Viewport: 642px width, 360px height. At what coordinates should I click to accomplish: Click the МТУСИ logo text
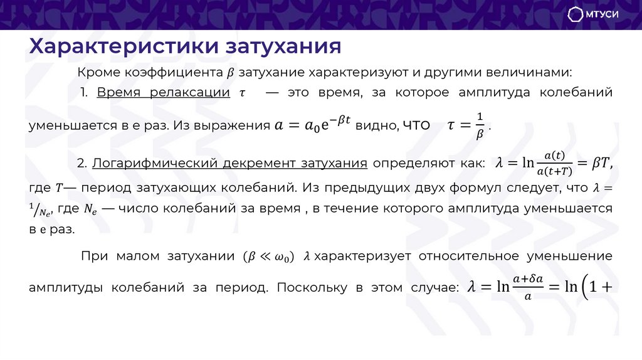click(602, 14)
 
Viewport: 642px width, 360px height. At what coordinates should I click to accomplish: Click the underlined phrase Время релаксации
click(163, 93)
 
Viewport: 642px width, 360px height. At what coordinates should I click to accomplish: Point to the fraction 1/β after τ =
click(480, 125)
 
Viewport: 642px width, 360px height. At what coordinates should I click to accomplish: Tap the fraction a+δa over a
click(528, 288)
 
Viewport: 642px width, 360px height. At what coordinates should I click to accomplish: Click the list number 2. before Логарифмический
click(82, 163)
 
